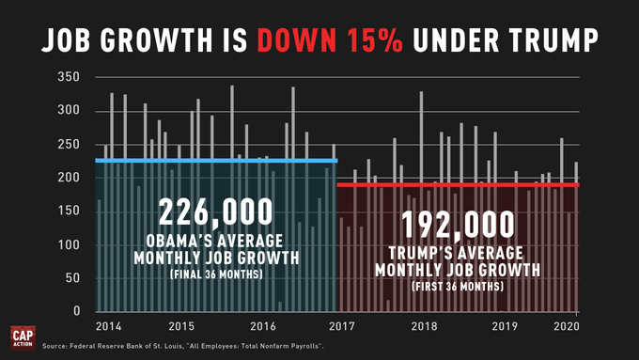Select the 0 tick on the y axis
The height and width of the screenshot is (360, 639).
(x=86, y=311)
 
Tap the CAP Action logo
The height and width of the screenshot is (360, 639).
(x=23, y=337)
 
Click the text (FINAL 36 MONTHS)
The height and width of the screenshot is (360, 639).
(x=217, y=275)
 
